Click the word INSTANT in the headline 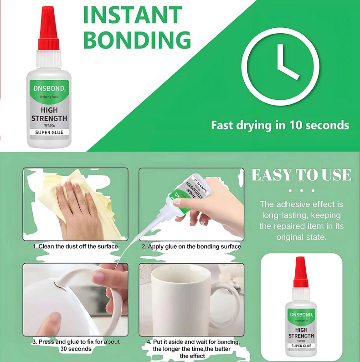click(133, 15)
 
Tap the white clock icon click(280, 67)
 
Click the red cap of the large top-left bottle click(48, 29)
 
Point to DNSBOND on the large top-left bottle click(49, 88)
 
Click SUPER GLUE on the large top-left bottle click(49, 133)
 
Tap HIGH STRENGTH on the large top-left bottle click(49, 114)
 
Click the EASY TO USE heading click(301, 175)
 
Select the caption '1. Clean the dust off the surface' click(75, 246)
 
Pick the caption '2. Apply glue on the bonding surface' click(191, 246)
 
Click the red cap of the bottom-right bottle click(301, 272)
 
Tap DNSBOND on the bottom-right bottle click(301, 315)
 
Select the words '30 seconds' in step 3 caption click(76, 349)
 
